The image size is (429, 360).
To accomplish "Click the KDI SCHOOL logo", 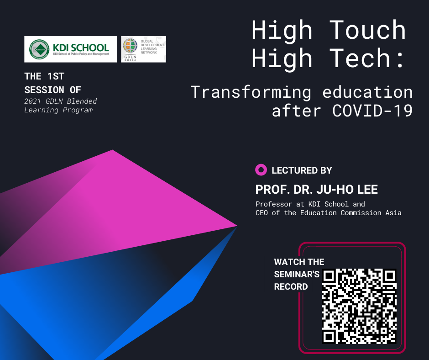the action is [70, 49].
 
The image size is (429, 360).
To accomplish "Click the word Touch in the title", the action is [367, 30].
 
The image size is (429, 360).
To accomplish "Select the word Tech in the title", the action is [360, 58].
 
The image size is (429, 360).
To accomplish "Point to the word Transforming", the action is [251, 93].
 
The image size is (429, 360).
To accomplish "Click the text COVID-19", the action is [372, 111].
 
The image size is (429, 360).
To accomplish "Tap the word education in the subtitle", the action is [367, 92].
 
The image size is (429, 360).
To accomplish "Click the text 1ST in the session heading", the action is [56, 76].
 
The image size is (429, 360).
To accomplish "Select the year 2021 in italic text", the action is [32, 101].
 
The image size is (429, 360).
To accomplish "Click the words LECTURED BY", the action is [302, 170].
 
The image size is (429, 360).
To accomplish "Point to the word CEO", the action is [262, 213].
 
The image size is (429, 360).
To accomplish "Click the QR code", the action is [359, 306].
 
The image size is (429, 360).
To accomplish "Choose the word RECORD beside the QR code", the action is [291, 286].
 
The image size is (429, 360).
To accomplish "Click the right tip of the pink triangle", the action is [237, 226].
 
